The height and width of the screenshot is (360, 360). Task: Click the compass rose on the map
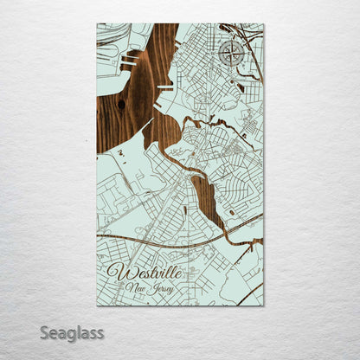231,55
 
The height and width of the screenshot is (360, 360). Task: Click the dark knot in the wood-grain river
120,105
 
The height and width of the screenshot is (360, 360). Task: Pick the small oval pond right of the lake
231,211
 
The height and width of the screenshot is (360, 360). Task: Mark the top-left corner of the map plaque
97,24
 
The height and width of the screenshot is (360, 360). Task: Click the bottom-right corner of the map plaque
263,305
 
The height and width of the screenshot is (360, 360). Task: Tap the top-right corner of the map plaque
263,24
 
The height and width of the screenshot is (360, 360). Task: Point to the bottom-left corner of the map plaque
97,305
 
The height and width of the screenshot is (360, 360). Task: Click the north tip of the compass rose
231,42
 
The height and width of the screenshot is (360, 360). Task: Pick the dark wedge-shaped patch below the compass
239,87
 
